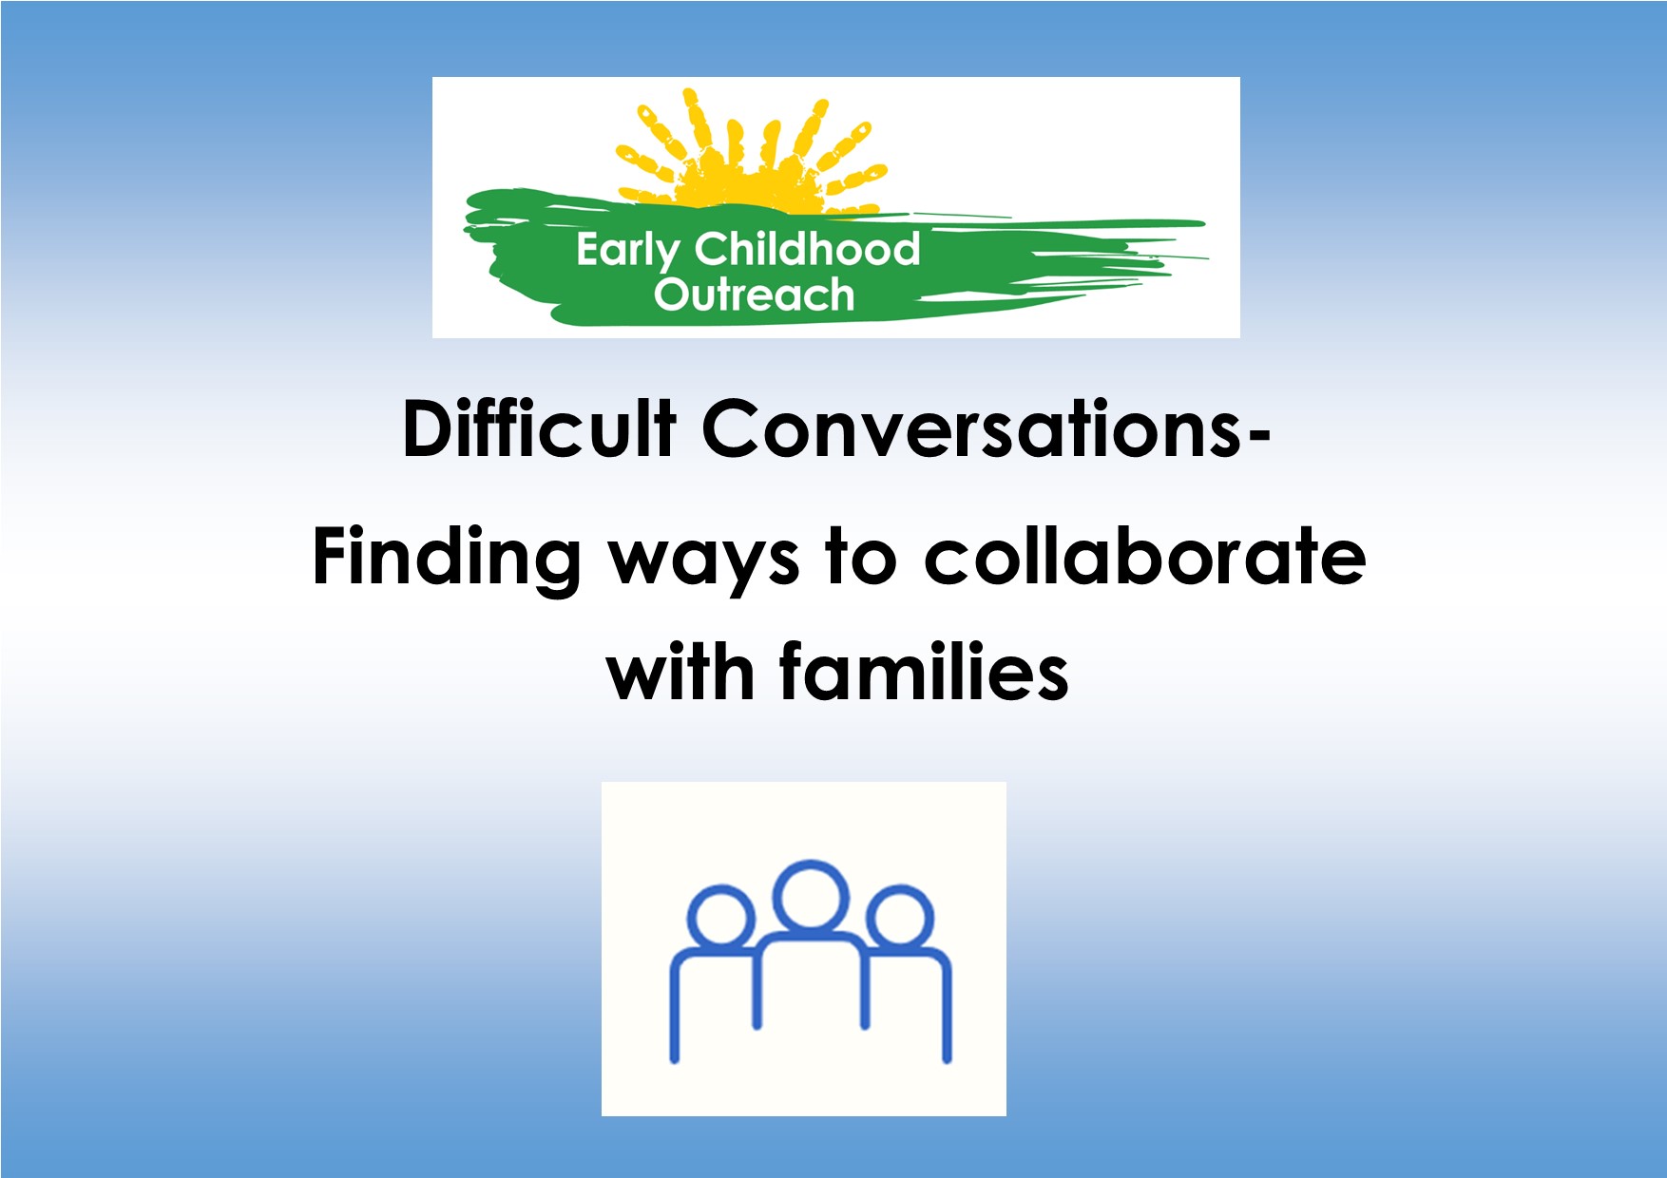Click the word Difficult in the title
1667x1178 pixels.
[539, 428]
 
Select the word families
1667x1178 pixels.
[925, 671]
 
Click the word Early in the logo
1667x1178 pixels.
[627, 252]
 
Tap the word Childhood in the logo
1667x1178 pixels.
[807, 248]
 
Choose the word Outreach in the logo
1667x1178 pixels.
[754, 294]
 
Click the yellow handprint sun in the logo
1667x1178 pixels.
[751, 152]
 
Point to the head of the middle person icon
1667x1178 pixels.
[811, 896]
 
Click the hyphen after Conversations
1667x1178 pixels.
[1258, 438]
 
